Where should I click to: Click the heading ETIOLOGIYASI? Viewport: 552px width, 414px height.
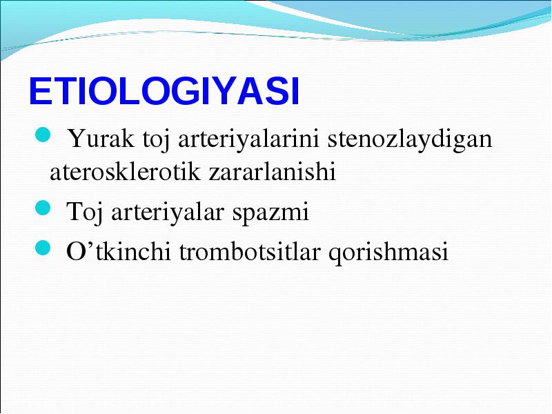click(x=164, y=91)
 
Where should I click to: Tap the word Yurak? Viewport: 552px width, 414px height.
click(x=101, y=139)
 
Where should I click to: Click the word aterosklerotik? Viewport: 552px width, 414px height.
click(x=125, y=172)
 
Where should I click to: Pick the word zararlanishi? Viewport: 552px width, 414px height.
click(x=272, y=172)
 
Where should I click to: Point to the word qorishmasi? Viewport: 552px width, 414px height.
click(x=388, y=252)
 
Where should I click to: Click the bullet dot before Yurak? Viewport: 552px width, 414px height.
click(x=43, y=135)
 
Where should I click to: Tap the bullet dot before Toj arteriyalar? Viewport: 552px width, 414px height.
click(x=43, y=208)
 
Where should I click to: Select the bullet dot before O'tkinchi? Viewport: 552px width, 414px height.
click(x=43, y=248)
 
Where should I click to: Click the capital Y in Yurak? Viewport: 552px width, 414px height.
click(x=77, y=139)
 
